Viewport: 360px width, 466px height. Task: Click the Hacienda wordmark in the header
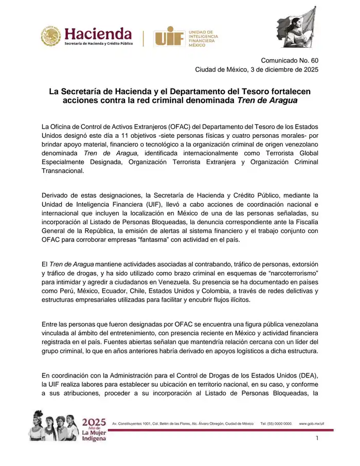coord(98,34)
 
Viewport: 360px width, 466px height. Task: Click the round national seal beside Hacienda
coord(51,37)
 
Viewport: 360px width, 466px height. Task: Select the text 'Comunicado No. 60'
coord(290,60)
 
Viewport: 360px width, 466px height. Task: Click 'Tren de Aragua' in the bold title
coord(267,100)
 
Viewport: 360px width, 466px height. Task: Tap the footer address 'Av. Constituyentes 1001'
coord(135,423)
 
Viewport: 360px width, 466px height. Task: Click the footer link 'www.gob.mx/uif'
coord(312,423)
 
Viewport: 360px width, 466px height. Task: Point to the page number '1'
coord(317,438)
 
